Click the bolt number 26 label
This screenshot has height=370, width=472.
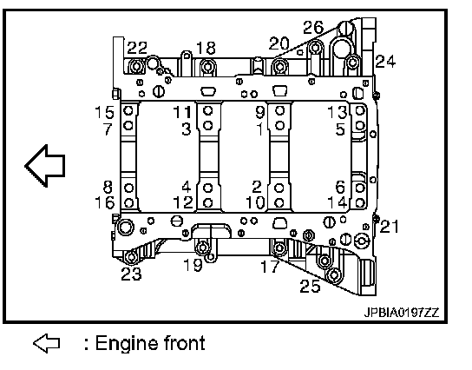pyautogui.click(x=313, y=28)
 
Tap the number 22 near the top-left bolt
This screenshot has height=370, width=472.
pyautogui.click(x=137, y=48)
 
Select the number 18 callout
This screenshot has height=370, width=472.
pyautogui.click(x=206, y=48)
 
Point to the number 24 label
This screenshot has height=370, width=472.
pyautogui.click(x=385, y=61)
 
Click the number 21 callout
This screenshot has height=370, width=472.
pyautogui.click(x=390, y=227)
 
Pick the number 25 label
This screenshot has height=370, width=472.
pyautogui.click(x=310, y=286)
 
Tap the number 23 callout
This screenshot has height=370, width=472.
pyautogui.click(x=131, y=274)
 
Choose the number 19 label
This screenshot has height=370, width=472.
pyautogui.click(x=193, y=265)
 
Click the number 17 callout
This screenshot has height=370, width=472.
pyautogui.click(x=270, y=266)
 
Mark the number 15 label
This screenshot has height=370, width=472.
pyautogui.click(x=104, y=112)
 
